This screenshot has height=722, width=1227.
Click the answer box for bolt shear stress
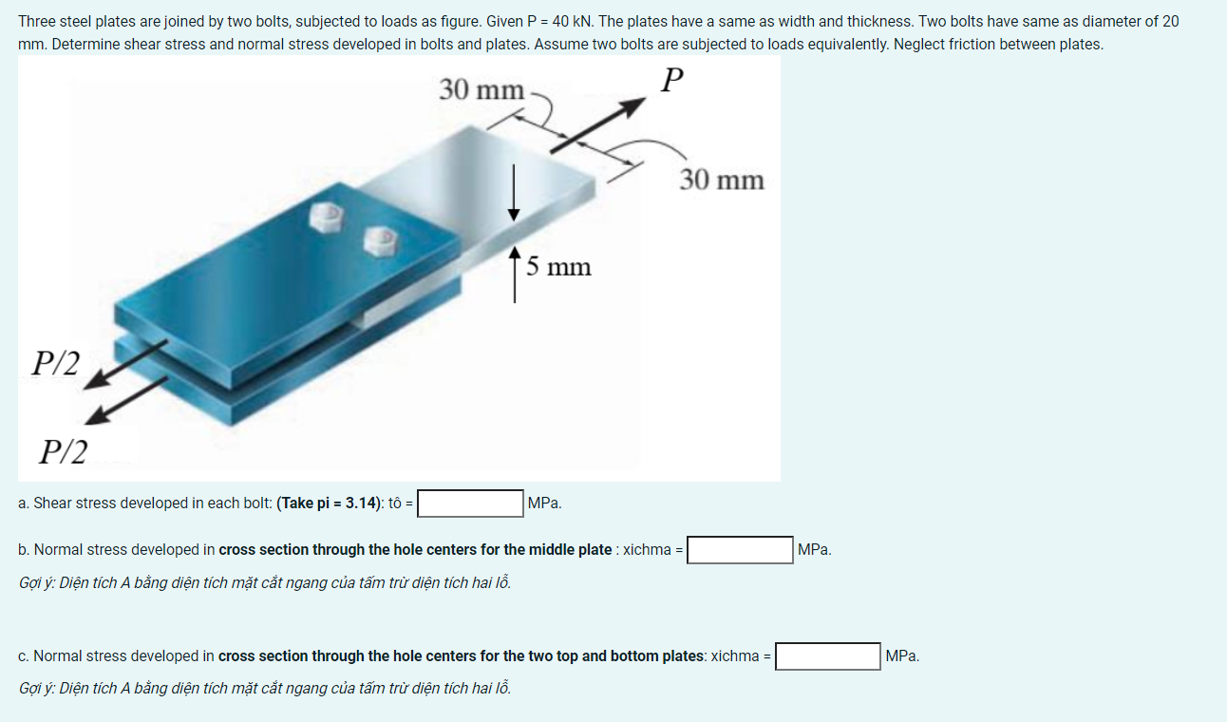[470, 503]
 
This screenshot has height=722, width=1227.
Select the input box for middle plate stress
[740, 550]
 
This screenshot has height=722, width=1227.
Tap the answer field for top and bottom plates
[827, 656]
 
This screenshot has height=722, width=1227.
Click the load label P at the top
[671, 81]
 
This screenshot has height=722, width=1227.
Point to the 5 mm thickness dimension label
[558, 267]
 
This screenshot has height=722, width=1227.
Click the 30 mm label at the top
[481, 90]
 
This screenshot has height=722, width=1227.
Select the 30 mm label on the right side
[722, 180]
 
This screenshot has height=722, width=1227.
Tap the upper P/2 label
[56, 362]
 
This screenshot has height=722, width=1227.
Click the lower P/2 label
[63, 451]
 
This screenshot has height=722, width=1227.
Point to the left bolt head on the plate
[328, 218]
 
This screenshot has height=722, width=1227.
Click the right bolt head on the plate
[382, 240]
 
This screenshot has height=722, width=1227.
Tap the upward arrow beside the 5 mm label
[514, 275]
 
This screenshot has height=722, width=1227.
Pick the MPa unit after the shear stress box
[544, 503]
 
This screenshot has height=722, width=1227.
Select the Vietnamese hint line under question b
[265, 582]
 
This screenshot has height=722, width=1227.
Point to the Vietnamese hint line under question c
[265, 688]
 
